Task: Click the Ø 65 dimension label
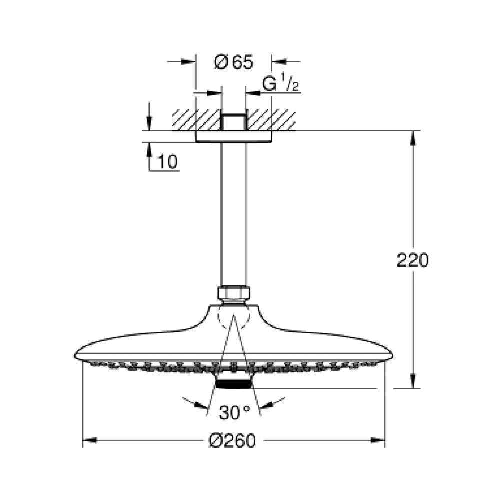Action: pos(233,62)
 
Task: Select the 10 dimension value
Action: pos(168,162)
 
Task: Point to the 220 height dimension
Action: pos(412,260)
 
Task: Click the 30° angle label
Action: pos(234,413)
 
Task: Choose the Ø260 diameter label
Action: pos(233,440)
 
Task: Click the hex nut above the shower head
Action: pos(233,293)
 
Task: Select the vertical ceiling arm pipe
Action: pos(233,215)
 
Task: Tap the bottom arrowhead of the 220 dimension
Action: pos(413,382)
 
